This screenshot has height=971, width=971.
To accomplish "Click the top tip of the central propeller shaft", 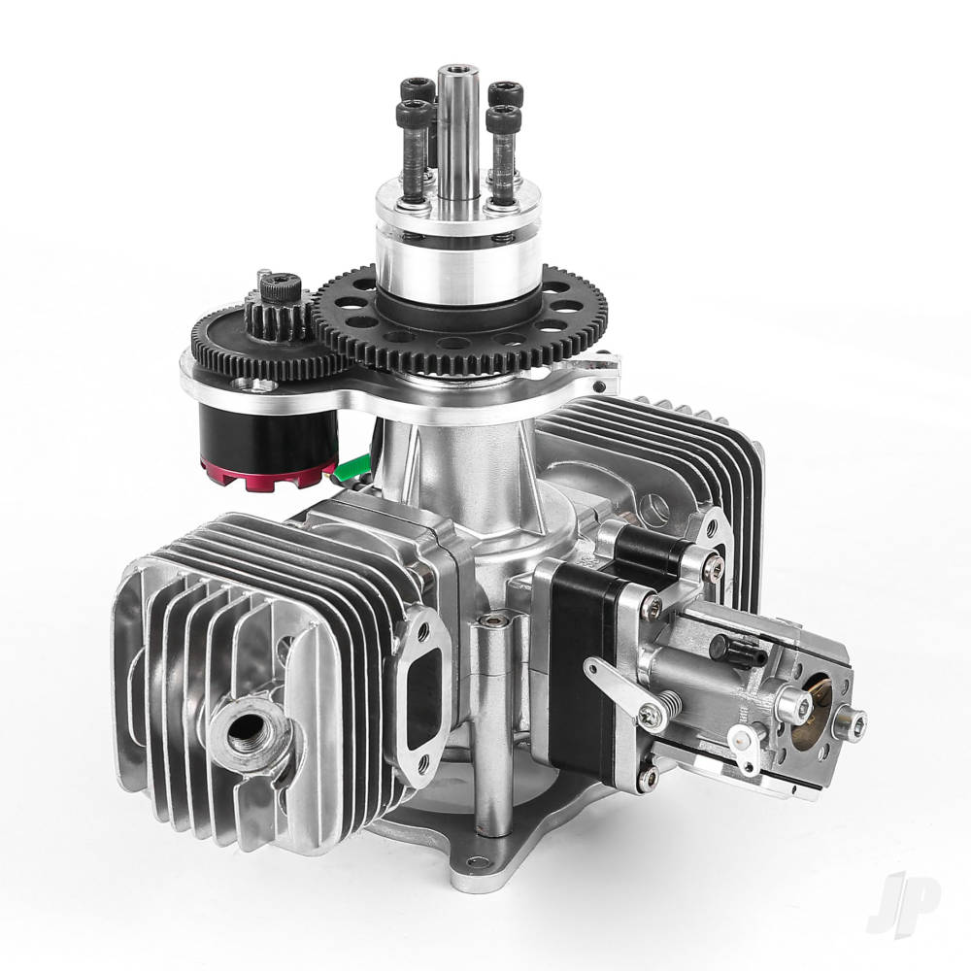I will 452,70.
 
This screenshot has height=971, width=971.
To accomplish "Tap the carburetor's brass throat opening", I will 810,720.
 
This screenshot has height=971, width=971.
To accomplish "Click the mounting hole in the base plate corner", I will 475,861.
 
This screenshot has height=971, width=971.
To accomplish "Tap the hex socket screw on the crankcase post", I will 496,619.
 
